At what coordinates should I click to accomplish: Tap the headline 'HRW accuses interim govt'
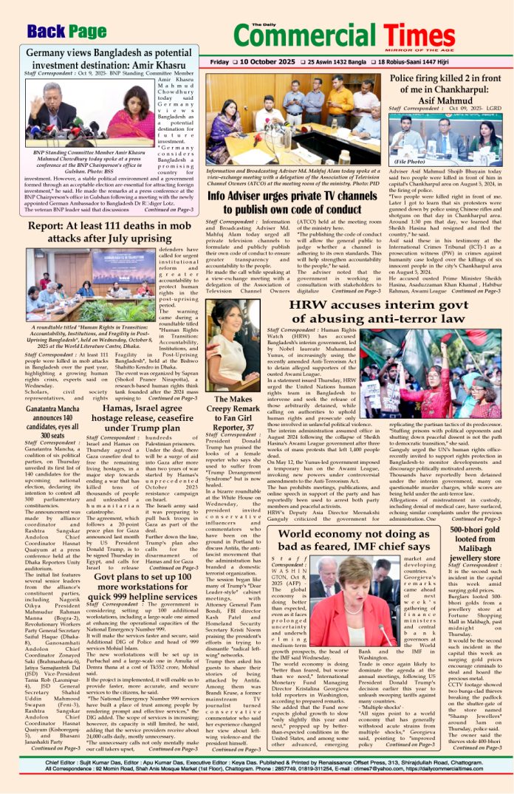(x=380, y=316)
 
